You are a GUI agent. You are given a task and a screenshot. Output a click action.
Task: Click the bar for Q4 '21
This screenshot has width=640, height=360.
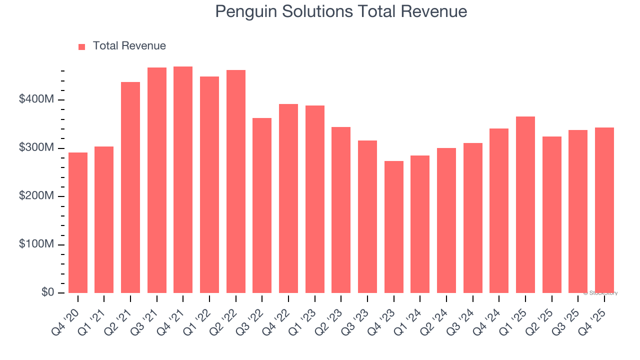[183, 180]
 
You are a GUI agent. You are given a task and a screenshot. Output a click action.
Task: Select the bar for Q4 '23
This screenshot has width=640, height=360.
[393, 227]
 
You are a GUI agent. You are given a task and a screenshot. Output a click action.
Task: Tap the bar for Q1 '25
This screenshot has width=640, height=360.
[525, 205]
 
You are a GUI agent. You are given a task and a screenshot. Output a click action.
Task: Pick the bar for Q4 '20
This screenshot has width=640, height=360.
[78, 223]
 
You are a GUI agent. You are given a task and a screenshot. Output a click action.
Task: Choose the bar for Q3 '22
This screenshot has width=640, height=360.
[262, 205]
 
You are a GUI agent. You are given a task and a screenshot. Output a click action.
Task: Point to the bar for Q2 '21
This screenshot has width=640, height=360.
[130, 187]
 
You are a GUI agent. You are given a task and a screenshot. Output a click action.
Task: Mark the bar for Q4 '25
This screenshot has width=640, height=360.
[604, 210]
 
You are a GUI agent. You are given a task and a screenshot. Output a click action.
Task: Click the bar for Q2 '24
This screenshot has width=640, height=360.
[446, 220]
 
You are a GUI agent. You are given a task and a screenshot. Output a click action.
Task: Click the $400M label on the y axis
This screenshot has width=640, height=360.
[36, 100]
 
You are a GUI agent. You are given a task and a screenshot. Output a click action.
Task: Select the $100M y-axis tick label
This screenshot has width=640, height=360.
[36, 244]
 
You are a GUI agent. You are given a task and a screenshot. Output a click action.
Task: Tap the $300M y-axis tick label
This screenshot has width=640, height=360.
[36, 148]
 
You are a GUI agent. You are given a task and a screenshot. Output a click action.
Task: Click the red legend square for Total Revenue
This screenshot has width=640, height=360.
[82, 46]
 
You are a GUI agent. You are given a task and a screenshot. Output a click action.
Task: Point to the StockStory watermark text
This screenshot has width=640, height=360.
[601, 293]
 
